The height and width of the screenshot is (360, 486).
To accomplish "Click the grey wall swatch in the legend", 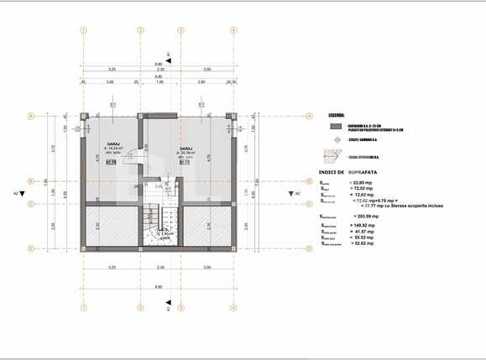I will pos(335,127).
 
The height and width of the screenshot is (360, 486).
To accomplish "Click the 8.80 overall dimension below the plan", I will pos(158,286).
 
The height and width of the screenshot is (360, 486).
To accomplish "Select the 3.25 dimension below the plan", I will pos(112,267).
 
